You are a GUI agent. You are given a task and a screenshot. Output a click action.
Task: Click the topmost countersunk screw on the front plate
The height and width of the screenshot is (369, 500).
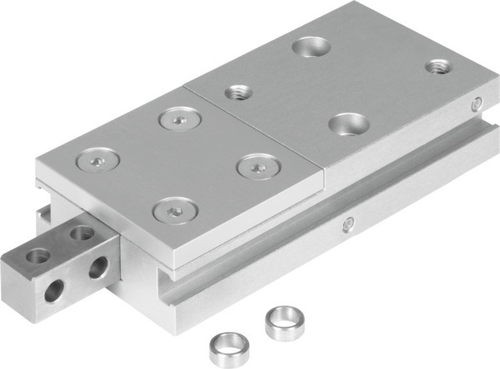[x=178, y=120]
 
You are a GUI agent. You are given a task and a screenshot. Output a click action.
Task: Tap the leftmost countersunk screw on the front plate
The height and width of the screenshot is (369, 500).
[x=99, y=158]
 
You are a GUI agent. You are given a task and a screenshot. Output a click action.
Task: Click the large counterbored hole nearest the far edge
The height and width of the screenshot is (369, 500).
[x=312, y=48]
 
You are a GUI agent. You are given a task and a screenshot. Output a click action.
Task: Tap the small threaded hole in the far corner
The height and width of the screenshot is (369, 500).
[x=437, y=66]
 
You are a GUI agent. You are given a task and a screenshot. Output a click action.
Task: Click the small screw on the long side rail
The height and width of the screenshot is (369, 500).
[x=347, y=223]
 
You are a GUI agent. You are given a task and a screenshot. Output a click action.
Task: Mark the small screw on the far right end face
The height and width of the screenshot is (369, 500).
[x=476, y=104]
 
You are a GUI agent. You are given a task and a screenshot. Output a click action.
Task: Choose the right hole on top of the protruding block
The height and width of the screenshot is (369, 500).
[x=81, y=234]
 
